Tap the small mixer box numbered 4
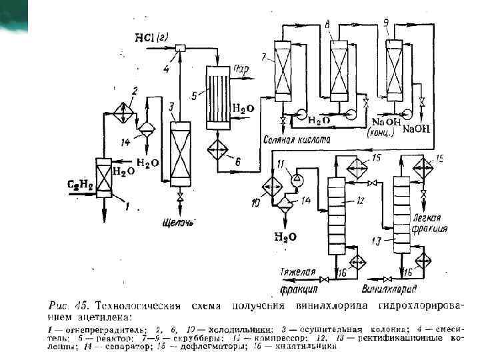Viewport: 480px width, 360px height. click(179, 47)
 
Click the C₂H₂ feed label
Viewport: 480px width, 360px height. click(81, 183)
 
